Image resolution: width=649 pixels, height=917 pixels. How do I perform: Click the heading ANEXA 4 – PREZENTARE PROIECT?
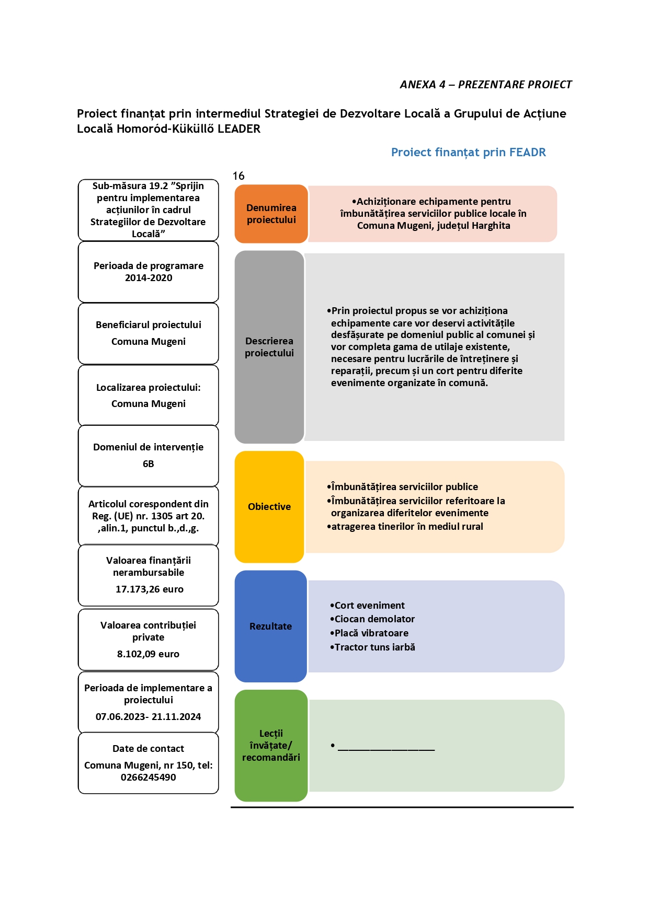coord(486,85)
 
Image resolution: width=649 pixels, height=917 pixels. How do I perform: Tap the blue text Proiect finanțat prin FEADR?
coord(469,152)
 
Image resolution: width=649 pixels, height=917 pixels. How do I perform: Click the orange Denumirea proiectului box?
coord(271,214)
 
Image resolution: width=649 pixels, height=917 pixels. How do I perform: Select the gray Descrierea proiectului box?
coord(269,347)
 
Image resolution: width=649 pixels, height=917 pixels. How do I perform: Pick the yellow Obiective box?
coord(269,507)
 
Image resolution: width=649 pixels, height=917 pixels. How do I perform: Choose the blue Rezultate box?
coord(270,626)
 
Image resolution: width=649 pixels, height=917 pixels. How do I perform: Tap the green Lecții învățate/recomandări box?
coord(271,746)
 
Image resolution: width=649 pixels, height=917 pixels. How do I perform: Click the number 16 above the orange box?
coord(238,176)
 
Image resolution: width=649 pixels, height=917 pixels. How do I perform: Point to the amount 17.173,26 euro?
coord(150,589)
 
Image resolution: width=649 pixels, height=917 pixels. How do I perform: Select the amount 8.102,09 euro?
coord(148,654)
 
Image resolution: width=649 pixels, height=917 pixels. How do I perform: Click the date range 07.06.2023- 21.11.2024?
coord(148,717)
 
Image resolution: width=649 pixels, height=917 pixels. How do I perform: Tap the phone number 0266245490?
coord(148,777)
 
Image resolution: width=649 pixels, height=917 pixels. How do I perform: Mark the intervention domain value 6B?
coord(149,464)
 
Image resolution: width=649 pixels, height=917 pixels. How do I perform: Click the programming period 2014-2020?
coord(149,278)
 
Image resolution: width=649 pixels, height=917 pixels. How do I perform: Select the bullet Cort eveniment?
coord(367,606)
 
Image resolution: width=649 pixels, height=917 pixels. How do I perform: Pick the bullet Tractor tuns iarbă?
coord(372,647)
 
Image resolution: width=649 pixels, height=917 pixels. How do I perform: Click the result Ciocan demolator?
coord(372,619)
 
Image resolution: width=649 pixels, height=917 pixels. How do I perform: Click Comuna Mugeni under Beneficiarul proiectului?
coord(149,342)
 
